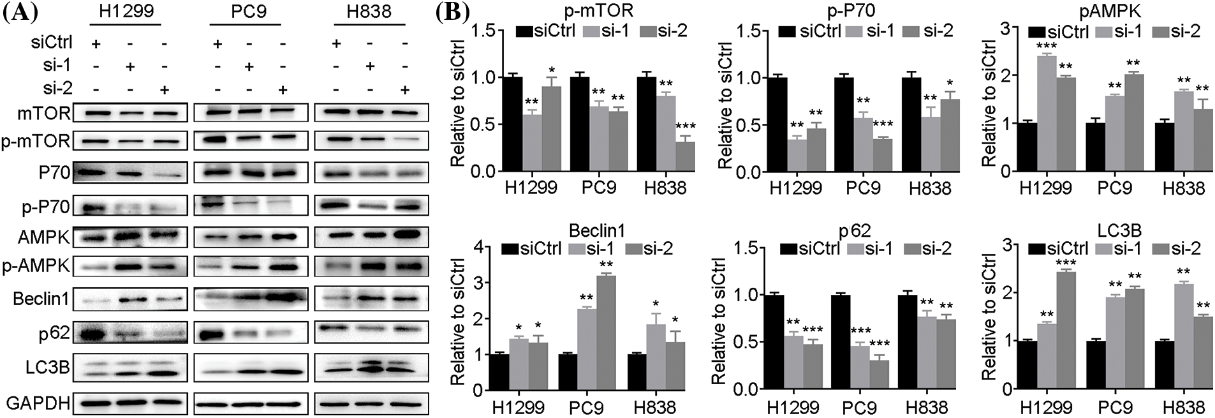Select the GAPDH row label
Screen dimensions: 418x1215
tap(37, 403)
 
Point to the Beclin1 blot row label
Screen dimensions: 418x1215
tap(41, 299)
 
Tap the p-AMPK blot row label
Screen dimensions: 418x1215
tap(36, 265)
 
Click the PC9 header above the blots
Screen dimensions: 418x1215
tap(248, 12)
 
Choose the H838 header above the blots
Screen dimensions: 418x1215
tap(369, 12)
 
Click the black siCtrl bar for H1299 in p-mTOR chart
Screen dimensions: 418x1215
tap(512, 124)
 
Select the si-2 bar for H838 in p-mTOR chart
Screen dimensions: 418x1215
tap(685, 156)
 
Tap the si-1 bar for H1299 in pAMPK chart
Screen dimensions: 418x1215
tap(1047, 114)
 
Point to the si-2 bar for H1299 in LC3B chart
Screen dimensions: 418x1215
tap(1066, 330)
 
